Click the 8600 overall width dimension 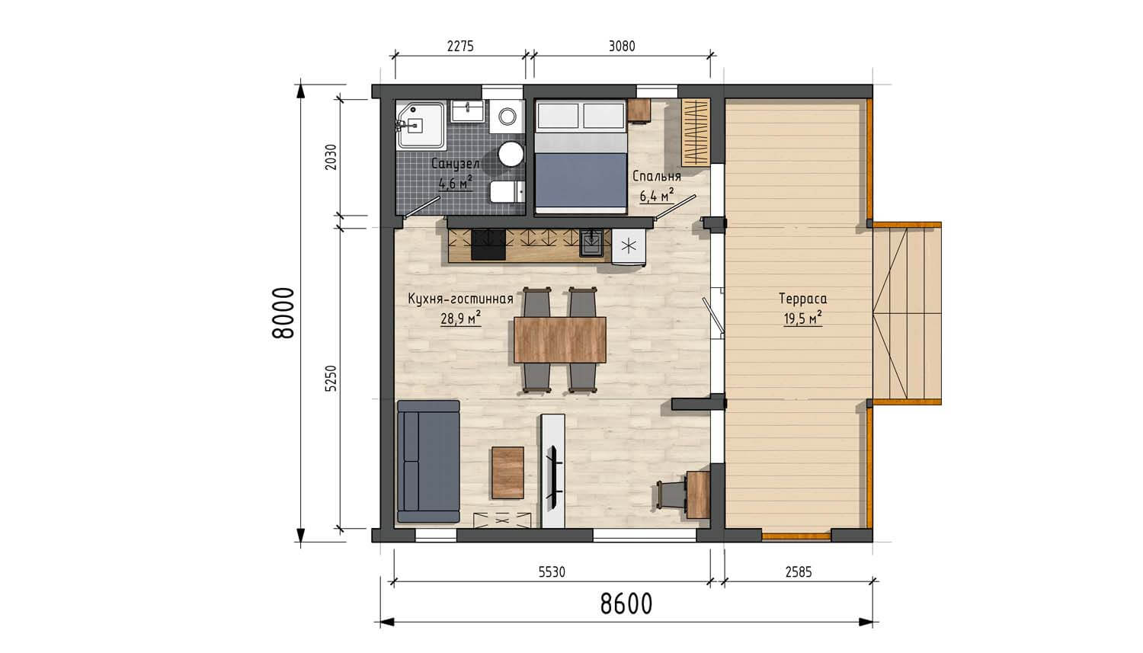coord(626,604)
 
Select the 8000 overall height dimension coord(283,313)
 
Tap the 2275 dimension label coord(460,46)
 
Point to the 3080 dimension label coord(622,46)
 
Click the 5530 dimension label coord(552,572)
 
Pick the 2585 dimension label coord(799,572)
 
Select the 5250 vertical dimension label coord(331,379)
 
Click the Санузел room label coord(455,164)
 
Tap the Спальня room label coord(657,177)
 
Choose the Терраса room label coord(802,299)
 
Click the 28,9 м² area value coord(461,318)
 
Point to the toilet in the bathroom coord(507,192)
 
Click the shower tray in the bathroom coord(421,125)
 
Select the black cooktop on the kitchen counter coord(488,245)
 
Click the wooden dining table coord(560,340)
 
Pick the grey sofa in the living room coord(428,461)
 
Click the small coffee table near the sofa coord(507,473)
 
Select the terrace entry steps coord(907,314)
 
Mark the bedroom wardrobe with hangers coord(696,133)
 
